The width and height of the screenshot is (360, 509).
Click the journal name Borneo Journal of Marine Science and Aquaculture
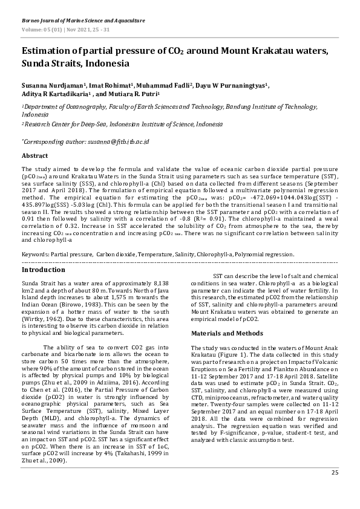tap(83, 21)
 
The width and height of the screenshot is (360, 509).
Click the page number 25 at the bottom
tap(335, 489)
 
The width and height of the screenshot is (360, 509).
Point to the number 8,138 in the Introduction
tap(167, 283)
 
